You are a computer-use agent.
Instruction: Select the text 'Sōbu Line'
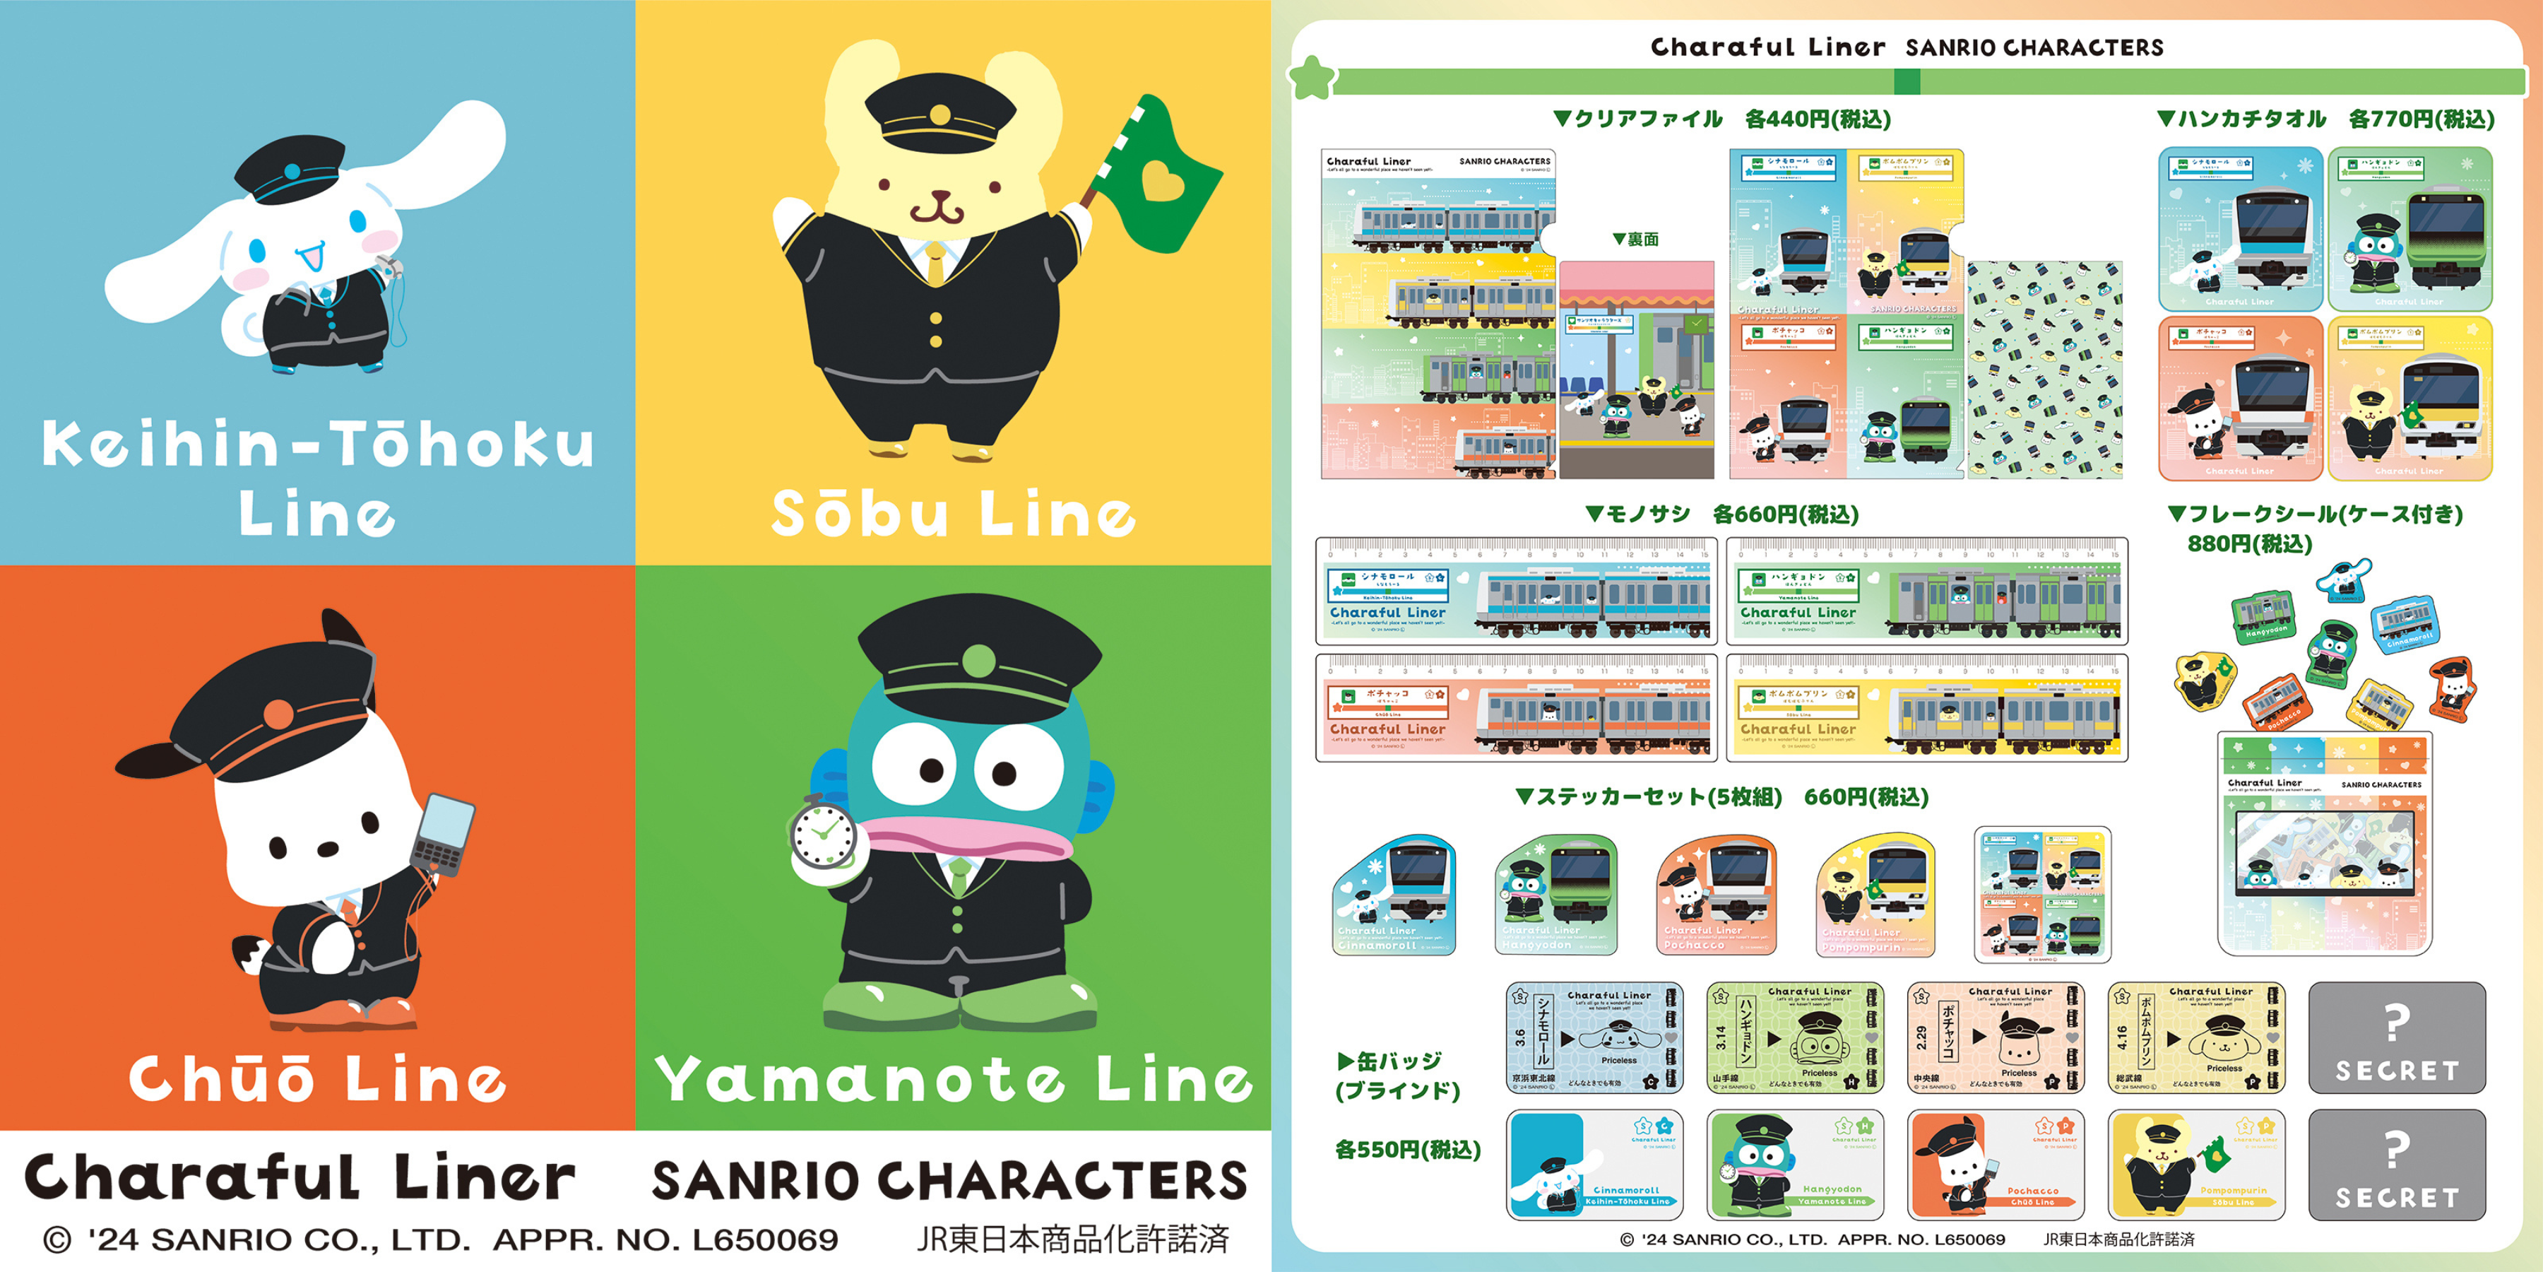click(953, 514)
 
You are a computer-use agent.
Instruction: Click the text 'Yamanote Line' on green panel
click(953, 1078)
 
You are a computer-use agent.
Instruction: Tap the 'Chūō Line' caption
click(318, 1078)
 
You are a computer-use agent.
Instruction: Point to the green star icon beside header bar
click(1313, 78)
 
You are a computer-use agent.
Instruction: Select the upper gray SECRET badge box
click(2396, 1038)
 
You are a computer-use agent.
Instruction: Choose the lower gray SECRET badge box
click(2396, 1165)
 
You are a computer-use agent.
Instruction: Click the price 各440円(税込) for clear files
click(1818, 119)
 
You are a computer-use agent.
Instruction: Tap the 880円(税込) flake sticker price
click(2249, 544)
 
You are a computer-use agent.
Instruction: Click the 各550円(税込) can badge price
click(1406, 1150)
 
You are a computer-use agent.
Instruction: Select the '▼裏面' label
click(1636, 239)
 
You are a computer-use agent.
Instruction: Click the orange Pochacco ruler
click(1517, 708)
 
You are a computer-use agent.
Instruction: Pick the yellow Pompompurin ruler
click(1927, 708)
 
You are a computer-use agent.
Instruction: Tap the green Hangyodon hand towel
click(2409, 229)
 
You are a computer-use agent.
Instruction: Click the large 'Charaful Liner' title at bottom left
click(299, 1178)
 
